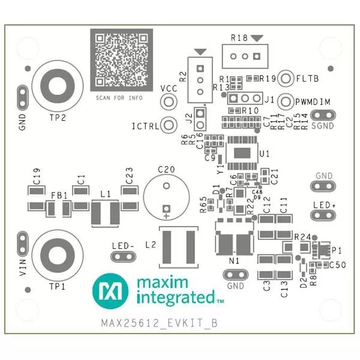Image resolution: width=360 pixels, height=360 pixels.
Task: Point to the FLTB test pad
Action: point(286,78)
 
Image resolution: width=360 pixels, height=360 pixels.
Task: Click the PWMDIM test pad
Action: point(286,101)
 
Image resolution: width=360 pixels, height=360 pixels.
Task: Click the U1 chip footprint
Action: point(243,154)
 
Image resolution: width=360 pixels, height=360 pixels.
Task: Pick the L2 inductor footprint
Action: point(178,247)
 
